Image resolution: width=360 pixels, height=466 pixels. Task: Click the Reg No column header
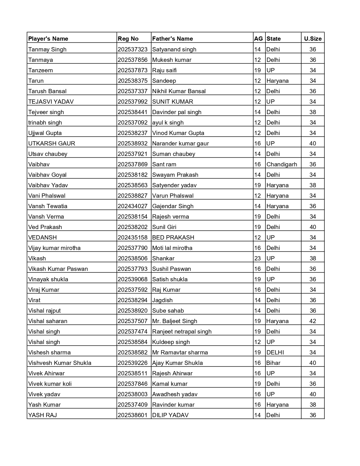[128, 39]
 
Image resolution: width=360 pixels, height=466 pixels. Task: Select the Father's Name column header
[173, 39]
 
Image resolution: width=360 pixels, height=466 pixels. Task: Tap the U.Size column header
[313, 39]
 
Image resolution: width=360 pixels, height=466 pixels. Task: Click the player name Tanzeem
[41, 70]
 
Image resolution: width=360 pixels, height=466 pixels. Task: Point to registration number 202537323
[133, 49]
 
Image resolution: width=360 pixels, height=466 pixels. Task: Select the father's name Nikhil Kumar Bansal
[179, 91]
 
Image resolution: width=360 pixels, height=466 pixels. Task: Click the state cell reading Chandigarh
[282, 164]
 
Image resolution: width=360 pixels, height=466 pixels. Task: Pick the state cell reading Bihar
[274, 363]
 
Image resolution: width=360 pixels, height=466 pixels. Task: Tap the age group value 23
[258, 258]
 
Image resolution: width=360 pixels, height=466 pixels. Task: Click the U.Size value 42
[313, 321]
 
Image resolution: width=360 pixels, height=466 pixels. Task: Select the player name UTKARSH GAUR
[52, 143]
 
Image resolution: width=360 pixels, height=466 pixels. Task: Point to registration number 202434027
[133, 206]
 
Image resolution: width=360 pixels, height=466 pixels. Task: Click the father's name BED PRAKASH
[173, 238]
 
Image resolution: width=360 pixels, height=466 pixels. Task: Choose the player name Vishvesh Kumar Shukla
[60, 363]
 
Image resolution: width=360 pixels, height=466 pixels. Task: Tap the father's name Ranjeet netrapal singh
[182, 332]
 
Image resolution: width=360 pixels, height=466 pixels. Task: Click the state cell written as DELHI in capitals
[275, 352]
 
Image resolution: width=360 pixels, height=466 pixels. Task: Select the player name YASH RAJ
[43, 415]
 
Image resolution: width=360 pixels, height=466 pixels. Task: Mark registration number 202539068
[133, 279]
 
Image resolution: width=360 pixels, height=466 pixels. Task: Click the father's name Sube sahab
[168, 311]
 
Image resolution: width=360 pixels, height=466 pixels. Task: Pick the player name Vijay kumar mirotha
[54, 248]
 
